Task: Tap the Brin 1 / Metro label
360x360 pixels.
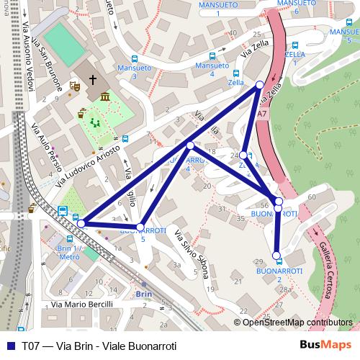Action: [68, 252]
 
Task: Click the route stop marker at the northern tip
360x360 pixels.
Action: [260, 85]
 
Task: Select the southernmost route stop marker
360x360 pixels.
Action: [276, 255]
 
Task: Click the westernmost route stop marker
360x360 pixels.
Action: [81, 224]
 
